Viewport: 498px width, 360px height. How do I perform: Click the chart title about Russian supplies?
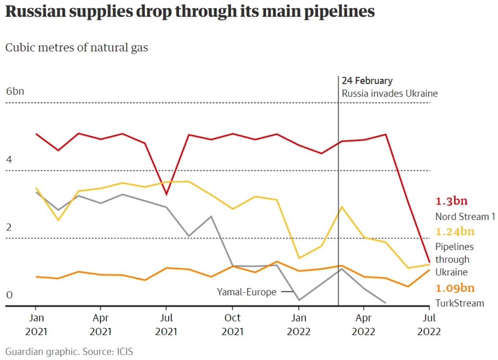[x=190, y=12]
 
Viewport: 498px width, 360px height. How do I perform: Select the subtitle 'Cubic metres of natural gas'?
[x=76, y=48]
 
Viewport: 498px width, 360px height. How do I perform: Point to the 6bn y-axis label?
[x=15, y=91]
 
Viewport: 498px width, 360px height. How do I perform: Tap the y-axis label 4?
[x=9, y=159]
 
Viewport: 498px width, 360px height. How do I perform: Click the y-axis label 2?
[x=9, y=228]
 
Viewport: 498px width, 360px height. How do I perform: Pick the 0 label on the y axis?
[x=9, y=295]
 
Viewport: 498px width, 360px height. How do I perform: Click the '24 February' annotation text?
[x=367, y=81]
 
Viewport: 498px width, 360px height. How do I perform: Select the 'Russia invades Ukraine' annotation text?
[x=389, y=93]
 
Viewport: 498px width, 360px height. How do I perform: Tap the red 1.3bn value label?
[x=451, y=201]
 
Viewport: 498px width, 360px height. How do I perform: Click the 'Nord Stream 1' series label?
[x=465, y=216]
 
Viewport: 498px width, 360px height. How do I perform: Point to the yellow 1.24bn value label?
[x=455, y=231]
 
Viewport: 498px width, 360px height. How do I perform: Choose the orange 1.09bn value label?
[x=455, y=288]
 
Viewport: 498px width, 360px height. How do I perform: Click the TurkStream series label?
[x=460, y=303]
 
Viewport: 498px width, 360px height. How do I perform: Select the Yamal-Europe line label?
[x=246, y=292]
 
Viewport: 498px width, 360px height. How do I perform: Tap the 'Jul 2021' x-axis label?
[x=166, y=324]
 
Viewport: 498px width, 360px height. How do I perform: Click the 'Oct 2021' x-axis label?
[x=232, y=324]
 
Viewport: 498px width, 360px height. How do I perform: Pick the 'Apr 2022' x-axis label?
[x=364, y=324]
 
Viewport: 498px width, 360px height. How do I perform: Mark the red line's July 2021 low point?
[x=167, y=194]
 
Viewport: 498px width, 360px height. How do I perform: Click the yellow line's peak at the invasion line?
[x=341, y=207]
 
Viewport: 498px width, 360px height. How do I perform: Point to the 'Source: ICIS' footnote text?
[x=108, y=352]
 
